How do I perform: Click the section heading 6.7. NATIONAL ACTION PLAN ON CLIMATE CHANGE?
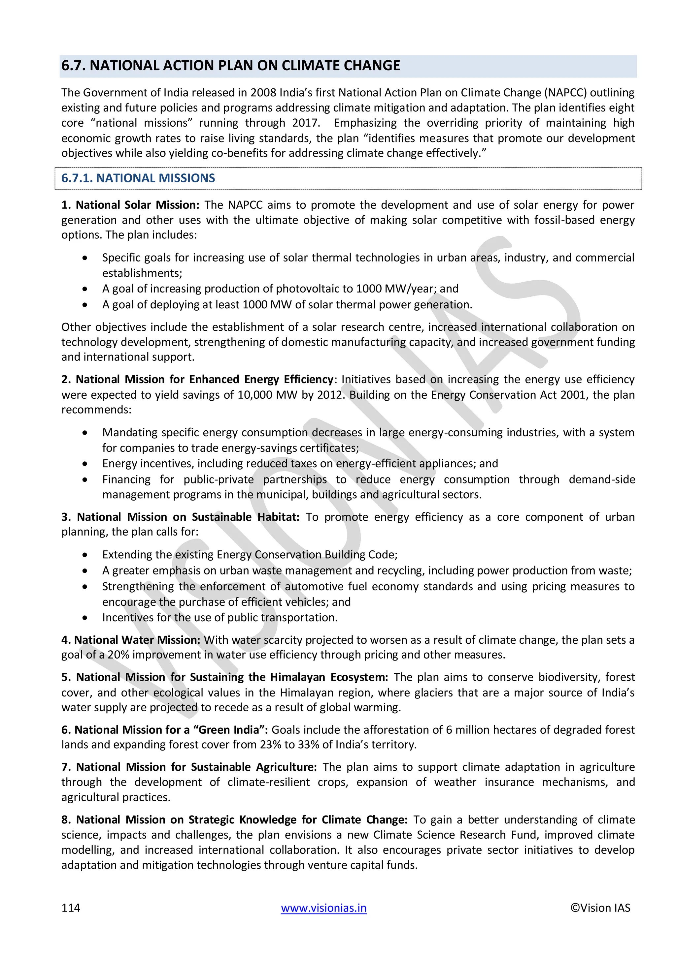231,66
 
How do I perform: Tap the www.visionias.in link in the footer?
323,908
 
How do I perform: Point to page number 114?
70,908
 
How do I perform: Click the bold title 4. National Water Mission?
131,640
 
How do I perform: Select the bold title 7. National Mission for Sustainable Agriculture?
189,767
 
